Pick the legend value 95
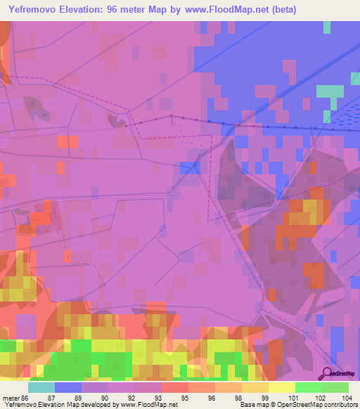183,398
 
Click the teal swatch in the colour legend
41,387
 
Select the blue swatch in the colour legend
68,387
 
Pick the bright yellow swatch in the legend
282,387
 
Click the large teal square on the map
330,91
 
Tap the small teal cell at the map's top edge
327,27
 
